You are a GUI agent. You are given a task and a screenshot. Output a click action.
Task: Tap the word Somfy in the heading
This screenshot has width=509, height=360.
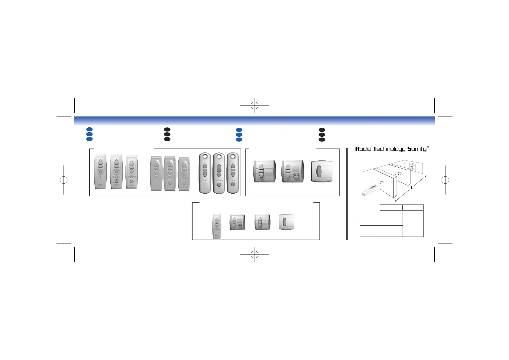417,149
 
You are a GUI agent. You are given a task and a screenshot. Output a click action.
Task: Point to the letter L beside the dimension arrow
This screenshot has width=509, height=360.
412,188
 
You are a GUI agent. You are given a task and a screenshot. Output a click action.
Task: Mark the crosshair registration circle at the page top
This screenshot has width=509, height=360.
254,105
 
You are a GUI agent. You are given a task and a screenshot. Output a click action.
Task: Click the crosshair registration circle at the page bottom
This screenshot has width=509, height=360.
254,254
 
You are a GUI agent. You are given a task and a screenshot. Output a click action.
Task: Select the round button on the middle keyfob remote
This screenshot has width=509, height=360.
219,184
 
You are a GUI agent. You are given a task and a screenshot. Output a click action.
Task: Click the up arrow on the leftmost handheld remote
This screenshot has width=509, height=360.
100,162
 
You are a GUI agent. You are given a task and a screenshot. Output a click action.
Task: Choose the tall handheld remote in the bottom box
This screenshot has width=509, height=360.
217,226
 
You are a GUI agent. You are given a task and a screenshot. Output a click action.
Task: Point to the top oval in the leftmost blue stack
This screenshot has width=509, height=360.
89,129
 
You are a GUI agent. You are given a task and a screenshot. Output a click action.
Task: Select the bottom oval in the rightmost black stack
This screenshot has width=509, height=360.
322,139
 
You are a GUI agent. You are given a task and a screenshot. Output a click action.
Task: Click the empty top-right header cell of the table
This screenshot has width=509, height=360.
413,208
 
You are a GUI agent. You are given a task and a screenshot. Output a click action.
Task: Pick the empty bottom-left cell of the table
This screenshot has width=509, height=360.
370,231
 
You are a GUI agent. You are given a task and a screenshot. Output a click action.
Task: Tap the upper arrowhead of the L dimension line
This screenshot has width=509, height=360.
425,176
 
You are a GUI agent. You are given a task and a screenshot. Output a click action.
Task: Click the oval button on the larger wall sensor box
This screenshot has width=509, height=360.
318,172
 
